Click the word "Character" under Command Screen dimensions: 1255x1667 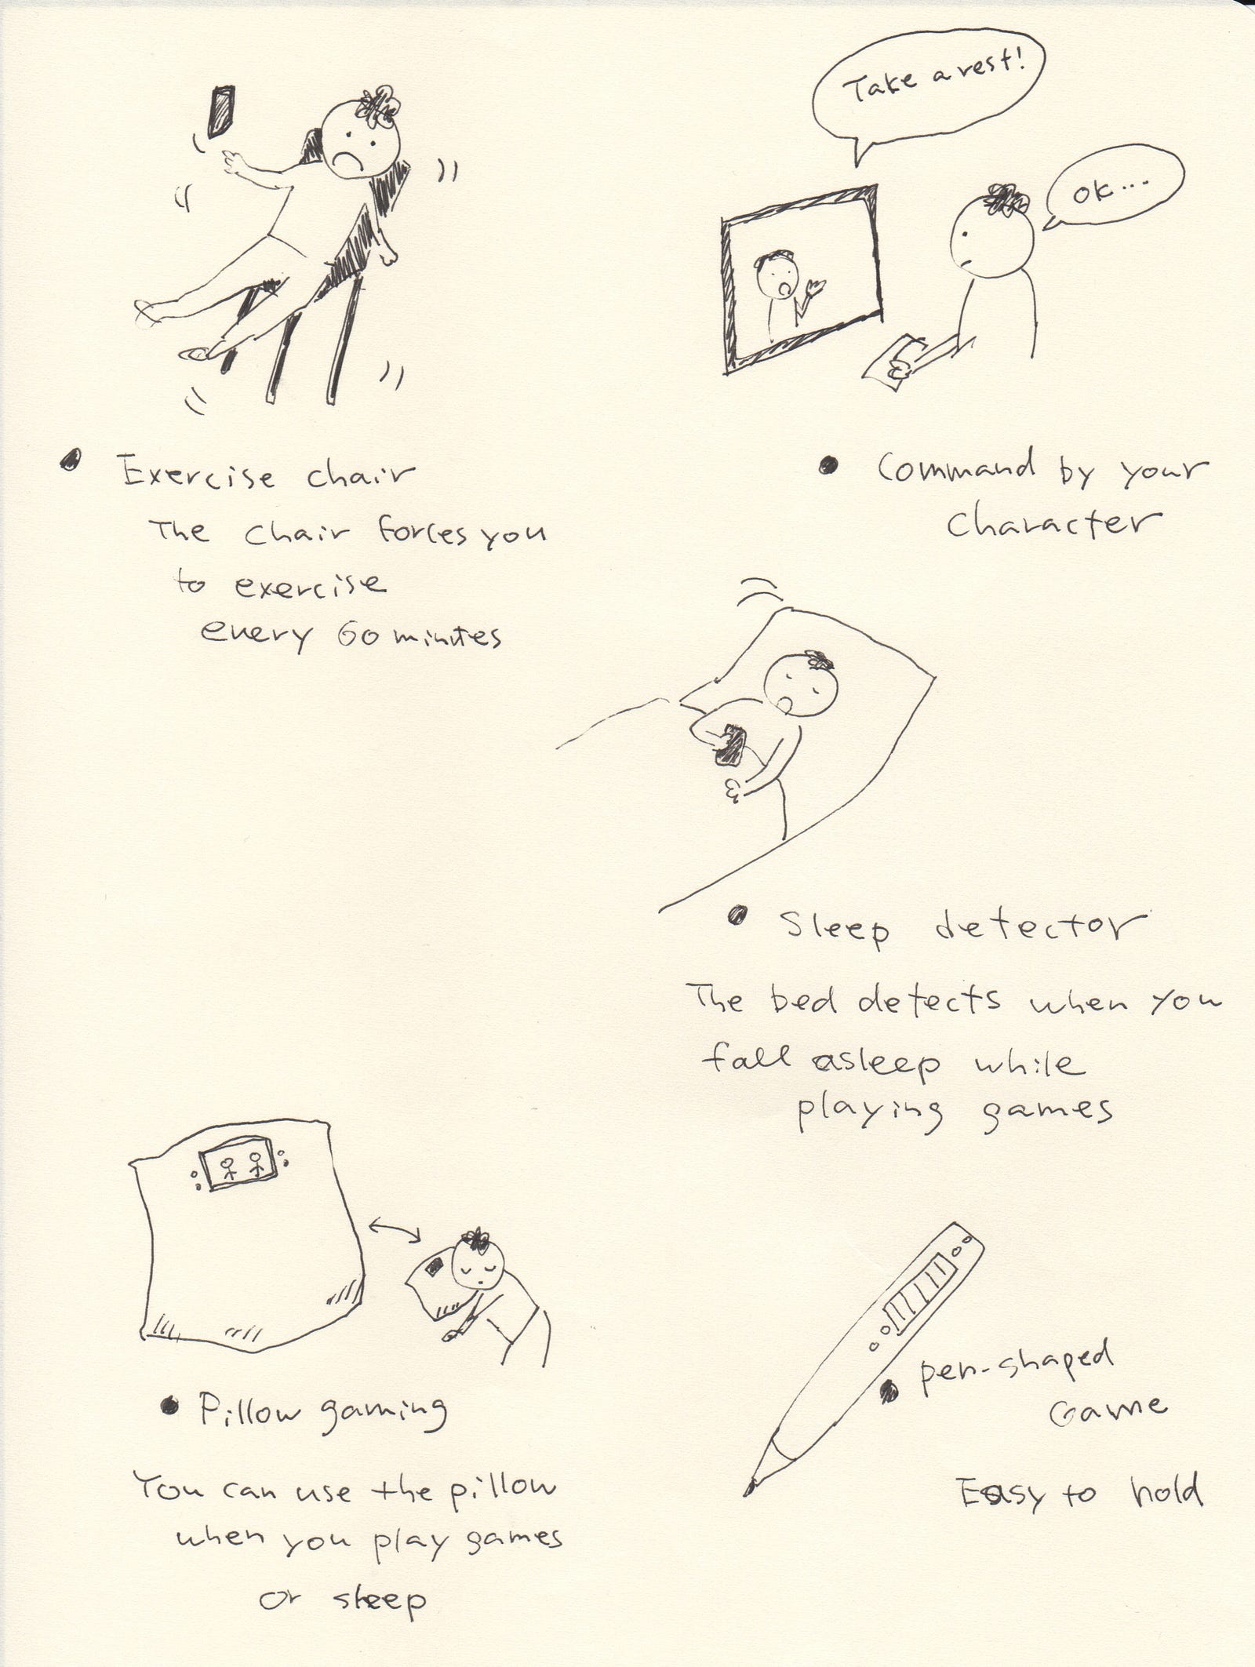1053,523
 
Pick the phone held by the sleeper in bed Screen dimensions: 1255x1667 729,744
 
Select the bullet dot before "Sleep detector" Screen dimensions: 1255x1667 737,914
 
